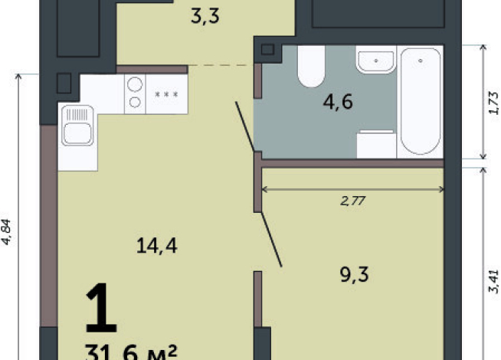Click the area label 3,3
point(205,15)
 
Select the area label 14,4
point(152,246)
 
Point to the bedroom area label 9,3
point(353,273)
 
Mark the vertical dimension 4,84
point(8,230)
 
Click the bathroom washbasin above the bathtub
point(376,60)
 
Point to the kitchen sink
point(77,126)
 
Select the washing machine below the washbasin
point(376,143)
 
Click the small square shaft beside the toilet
point(267,51)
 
